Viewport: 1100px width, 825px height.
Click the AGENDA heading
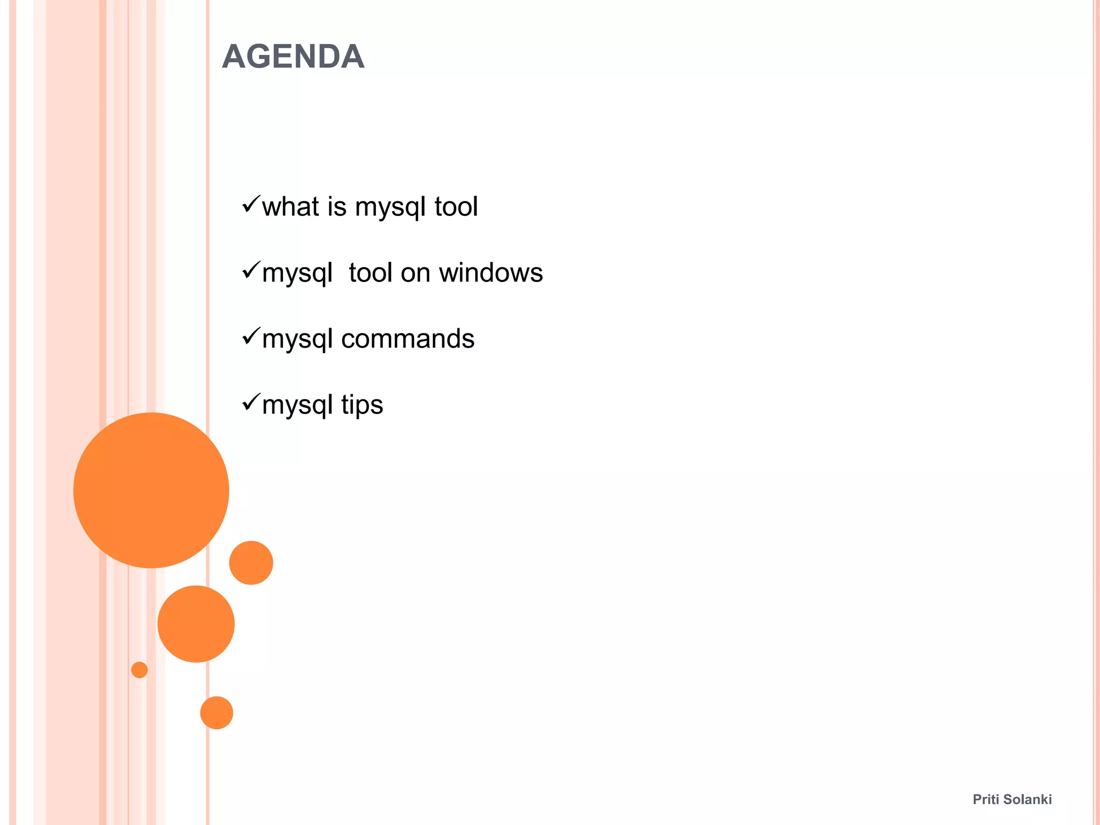pyautogui.click(x=293, y=56)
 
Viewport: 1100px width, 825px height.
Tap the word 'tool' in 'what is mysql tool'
pyautogui.click(x=456, y=207)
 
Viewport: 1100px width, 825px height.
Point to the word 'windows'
pyautogui.click(x=491, y=273)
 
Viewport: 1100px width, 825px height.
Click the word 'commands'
pyautogui.click(x=408, y=339)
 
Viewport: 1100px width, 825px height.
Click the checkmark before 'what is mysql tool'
pyautogui.click(x=251, y=204)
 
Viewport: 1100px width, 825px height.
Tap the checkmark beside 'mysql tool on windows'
pyautogui.click(x=251, y=270)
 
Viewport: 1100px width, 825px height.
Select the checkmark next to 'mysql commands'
pyautogui.click(x=251, y=336)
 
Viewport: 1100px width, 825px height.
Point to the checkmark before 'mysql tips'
pyautogui.click(x=251, y=402)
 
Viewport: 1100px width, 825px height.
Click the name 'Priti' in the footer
pyautogui.click(x=986, y=799)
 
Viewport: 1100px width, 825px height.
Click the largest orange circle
pyautogui.click(x=151, y=490)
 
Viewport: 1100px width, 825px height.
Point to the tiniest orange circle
pyautogui.click(x=139, y=670)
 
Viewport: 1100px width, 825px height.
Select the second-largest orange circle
pyautogui.click(x=196, y=624)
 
